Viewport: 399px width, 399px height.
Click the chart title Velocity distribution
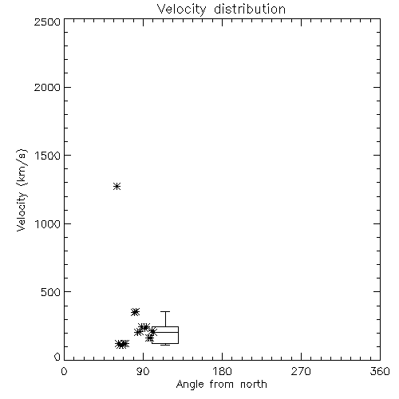coord(221,10)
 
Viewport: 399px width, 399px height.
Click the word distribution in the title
coord(250,9)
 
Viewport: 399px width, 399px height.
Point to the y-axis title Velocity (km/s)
coord(22,190)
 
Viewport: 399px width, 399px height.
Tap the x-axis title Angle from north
coord(221,385)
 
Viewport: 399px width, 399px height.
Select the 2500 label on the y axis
coord(47,22)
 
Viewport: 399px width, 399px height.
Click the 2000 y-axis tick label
coord(47,88)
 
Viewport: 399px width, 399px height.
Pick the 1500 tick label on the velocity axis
coord(48,156)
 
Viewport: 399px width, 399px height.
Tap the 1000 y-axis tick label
coord(48,224)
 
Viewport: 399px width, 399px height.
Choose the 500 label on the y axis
coord(51,292)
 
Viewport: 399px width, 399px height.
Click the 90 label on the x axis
coord(143,371)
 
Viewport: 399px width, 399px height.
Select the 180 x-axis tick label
coord(222,371)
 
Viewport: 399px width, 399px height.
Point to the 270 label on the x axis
coord(301,371)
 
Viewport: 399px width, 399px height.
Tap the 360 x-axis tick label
coord(380,371)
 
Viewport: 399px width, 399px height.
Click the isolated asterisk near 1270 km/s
coord(117,186)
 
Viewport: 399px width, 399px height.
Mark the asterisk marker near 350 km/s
coord(135,312)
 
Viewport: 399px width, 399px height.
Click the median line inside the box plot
coord(165,332)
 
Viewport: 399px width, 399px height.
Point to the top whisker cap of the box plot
coord(165,311)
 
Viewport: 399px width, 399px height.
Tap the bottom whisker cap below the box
coord(165,345)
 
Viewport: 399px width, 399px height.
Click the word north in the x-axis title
coord(254,385)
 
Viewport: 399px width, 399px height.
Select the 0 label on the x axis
coord(64,371)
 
